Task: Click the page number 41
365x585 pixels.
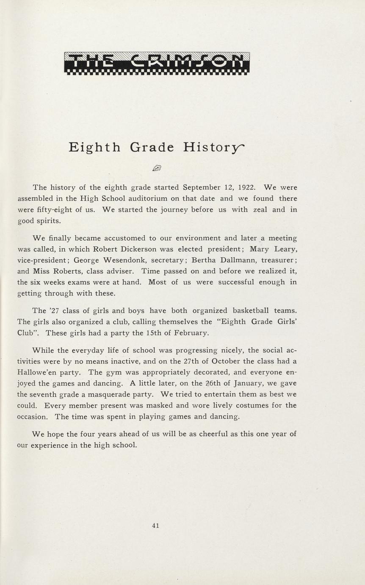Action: (x=155, y=526)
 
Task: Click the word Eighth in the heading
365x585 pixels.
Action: (x=94, y=147)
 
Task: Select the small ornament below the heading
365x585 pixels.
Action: (x=157, y=168)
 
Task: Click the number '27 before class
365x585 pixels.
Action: (x=56, y=311)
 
